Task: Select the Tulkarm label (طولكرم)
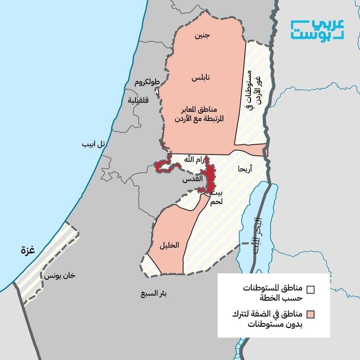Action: click(x=147, y=82)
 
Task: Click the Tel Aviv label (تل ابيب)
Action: click(x=94, y=144)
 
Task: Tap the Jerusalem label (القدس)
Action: click(x=192, y=179)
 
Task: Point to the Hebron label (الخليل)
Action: click(x=169, y=245)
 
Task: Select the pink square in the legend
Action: click(x=311, y=314)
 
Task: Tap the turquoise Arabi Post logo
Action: click(x=317, y=30)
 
